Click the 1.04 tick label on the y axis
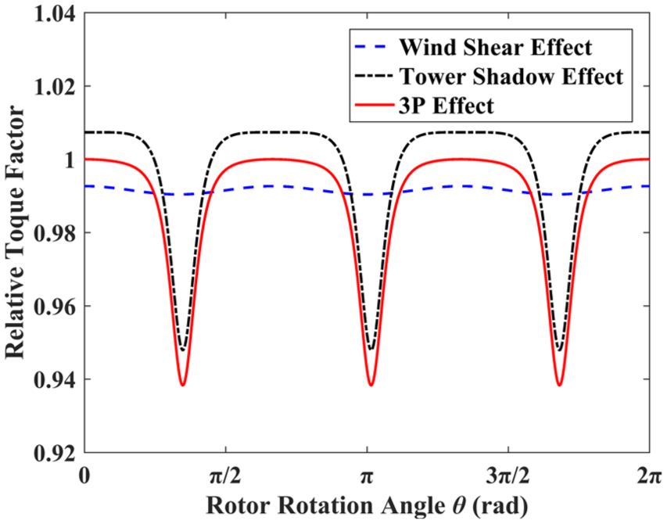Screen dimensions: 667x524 [55, 14]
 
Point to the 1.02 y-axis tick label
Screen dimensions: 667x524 [55, 87]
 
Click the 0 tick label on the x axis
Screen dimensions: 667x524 [84, 475]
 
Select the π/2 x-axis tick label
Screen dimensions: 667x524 [225, 476]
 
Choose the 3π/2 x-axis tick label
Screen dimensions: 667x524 [508, 476]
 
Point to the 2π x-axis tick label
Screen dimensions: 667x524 [650, 476]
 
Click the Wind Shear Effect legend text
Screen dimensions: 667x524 [495, 47]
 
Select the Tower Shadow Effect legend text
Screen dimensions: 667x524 [511, 77]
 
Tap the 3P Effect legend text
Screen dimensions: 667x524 [446, 106]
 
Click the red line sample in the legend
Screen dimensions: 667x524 [374, 104]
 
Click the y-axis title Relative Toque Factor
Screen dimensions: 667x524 [15, 233]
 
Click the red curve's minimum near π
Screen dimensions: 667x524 [371, 386]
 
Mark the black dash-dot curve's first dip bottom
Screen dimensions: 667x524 [183, 350]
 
